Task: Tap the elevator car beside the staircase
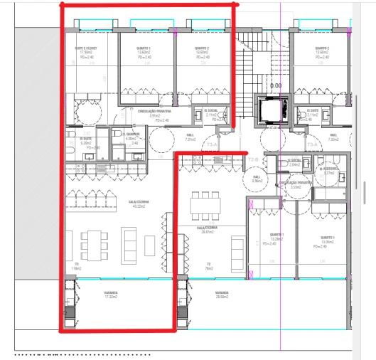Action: [x=272, y=111]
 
